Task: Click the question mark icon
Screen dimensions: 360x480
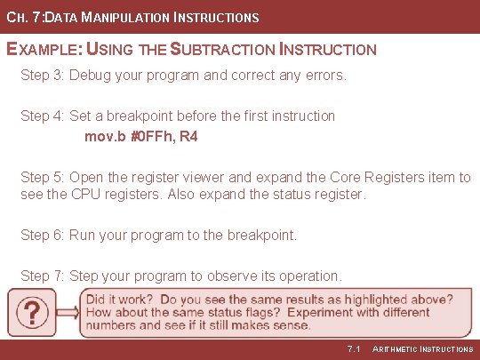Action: [33, 313]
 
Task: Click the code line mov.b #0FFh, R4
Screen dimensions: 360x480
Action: [140, 137]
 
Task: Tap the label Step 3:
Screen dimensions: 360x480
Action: [42, 75]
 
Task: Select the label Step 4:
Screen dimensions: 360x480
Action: [42, 116]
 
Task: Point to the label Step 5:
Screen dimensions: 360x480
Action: [42, 177]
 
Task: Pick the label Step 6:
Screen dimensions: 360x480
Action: [42, 235]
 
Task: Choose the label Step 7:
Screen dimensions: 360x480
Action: [42, 276]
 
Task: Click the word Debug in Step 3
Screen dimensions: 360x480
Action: [90, 75]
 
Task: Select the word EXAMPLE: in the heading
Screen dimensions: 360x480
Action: [40, 50]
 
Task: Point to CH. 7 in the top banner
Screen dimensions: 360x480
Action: [21, 17]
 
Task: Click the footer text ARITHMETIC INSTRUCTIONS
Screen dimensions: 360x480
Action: [422, 348]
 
